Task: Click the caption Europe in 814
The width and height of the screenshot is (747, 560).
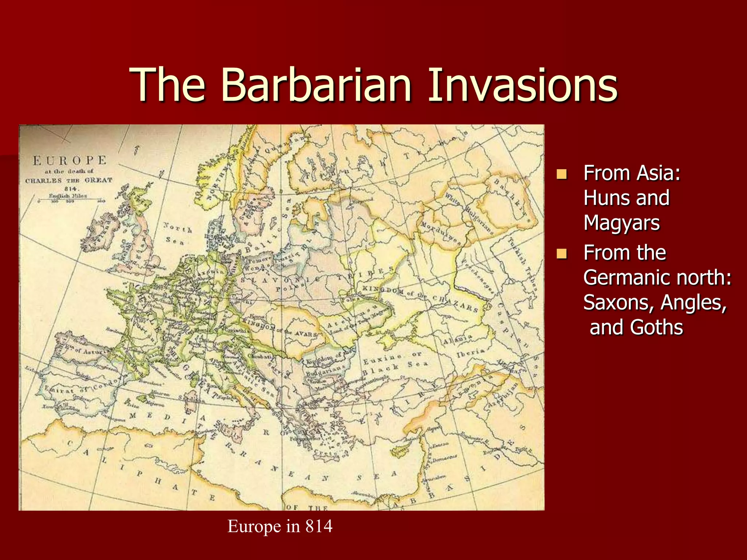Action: point(280,526)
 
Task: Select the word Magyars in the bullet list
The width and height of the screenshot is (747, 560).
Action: point(622,223)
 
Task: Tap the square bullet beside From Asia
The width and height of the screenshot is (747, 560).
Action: point(562,174)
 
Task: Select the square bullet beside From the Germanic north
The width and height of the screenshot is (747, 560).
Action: point(562,253)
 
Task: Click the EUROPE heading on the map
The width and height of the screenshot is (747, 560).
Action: point(69,160)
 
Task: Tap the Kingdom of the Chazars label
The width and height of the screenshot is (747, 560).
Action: point(419,297)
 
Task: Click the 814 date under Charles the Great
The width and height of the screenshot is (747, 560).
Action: point(71,188)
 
